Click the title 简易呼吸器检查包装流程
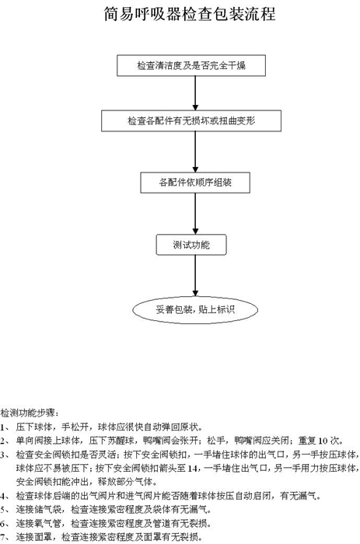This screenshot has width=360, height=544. pyautogui.click(x=190, y=14)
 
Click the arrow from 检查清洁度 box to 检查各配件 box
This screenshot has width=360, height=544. pyautogui.click(x=195, y=93)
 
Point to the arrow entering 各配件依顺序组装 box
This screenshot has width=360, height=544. pyautogui.click(x=195, y=152)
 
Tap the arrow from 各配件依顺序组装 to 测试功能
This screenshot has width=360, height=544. pyautogui.click(x=195, y=214)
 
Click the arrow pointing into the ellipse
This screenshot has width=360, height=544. pyautogui.click(x=195, y=276)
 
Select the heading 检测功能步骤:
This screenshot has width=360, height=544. pyautogui.click(x=30, y=413)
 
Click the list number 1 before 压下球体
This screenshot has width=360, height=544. pyautogui.click(x=3, y=427)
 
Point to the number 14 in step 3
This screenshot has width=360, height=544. pyautogui.click(x=192, y=469)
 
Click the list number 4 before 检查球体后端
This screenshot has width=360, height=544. pyautogui.click(x=3, y=496)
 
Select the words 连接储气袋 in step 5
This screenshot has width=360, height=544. pyautogui.click(x=39, y=509)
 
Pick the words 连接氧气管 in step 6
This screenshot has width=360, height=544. pyautogui.click(x=39, y=523)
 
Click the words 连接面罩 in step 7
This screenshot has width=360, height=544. pyautogui.click(x=34, y=537)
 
